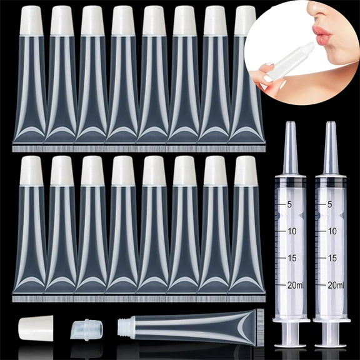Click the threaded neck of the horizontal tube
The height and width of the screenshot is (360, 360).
tap(122, 326)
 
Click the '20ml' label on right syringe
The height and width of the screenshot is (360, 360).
tap(336, 285)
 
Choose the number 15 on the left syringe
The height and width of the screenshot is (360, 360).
tap(291, 257)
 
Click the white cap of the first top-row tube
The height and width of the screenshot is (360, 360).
tap(31, 21)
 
